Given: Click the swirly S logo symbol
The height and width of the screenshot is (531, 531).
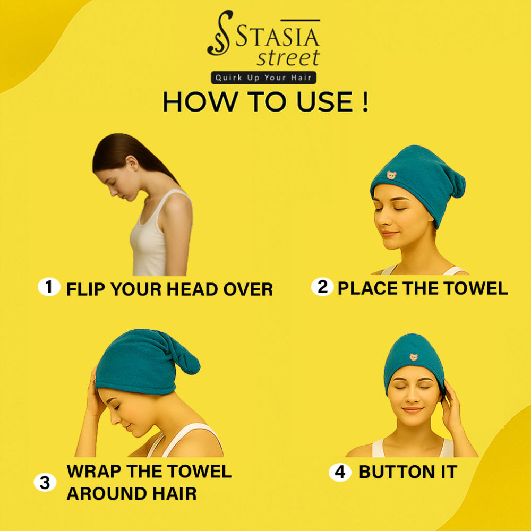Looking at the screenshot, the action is pyautogui.click(x=220, y=33).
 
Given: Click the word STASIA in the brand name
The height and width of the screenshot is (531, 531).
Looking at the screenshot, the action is pyautogui.click(x=277, y=37).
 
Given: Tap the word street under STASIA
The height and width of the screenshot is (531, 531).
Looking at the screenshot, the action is pyautogui.click(x=288, y=57).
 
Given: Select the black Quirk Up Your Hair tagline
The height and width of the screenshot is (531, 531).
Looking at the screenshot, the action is pyautogui.click(x=263, y=78).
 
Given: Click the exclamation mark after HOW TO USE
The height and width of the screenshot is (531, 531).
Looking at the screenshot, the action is pyautogui.click(x=365, y=101).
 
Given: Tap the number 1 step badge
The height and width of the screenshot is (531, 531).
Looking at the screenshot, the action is pyautogui.click(x=49, y=287).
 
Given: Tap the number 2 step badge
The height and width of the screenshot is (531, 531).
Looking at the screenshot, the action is pyautogui.click(x=322, y=287).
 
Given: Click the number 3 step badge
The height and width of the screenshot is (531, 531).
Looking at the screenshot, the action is pyautogui.click(x=45, y=482).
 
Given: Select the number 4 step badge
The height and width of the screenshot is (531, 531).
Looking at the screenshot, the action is pyautogui.click(x=340, y=472).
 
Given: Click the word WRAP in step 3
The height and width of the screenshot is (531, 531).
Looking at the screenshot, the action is pyautogui.click(x=94, y=471).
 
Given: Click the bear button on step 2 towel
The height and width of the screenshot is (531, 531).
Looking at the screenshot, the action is pyautogui.click(x=391, y=175).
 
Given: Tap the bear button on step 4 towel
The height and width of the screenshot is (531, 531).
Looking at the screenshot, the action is pyautogui.click(x=414, y=357).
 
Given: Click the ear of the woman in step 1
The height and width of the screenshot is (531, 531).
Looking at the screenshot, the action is pyautogui.click(x=132, y=163).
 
